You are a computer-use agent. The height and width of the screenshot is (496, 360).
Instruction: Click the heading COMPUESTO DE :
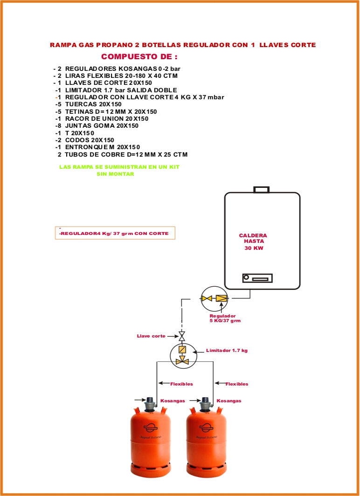click(x=139, y=57)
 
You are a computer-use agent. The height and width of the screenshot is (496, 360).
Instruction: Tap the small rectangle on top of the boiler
click(x=261, y=190)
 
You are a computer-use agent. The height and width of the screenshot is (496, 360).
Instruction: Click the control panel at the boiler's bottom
click(x=257, y=278)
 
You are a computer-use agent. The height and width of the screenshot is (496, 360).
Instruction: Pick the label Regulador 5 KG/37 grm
click(x=225, y=318)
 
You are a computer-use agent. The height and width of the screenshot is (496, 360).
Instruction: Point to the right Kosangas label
click(x=229, y=400)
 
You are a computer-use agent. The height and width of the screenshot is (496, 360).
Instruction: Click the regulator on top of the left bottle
click(x=151, y=404)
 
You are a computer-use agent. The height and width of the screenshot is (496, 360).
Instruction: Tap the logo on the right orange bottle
click(x=206, y=427)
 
